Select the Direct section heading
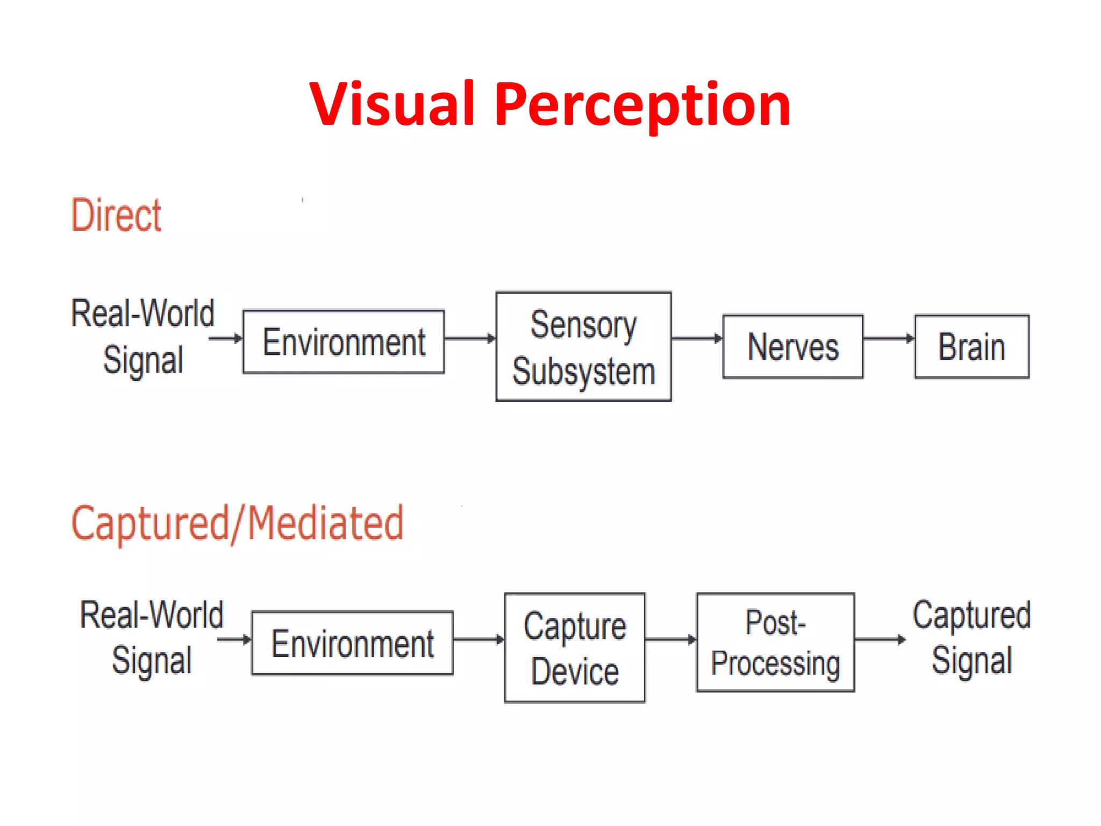[116, 215]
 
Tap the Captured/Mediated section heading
[237, 523]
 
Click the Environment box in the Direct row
[344, 342]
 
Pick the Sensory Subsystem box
[583, 347]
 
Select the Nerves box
[793, 347]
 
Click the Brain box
[971, 347]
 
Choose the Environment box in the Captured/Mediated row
[352, 643]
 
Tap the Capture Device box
[575, 648]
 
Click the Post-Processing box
[775, 643]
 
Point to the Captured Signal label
[971, 638]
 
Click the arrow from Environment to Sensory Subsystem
[470, 338]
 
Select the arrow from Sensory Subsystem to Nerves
[697, 338]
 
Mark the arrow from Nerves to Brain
[889, 338]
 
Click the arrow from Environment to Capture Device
[478, 639]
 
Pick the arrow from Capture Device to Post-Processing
[670, 639]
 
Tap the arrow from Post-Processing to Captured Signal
[880, 639]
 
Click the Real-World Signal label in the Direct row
[143, 336]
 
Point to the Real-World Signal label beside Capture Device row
[152, 638]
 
